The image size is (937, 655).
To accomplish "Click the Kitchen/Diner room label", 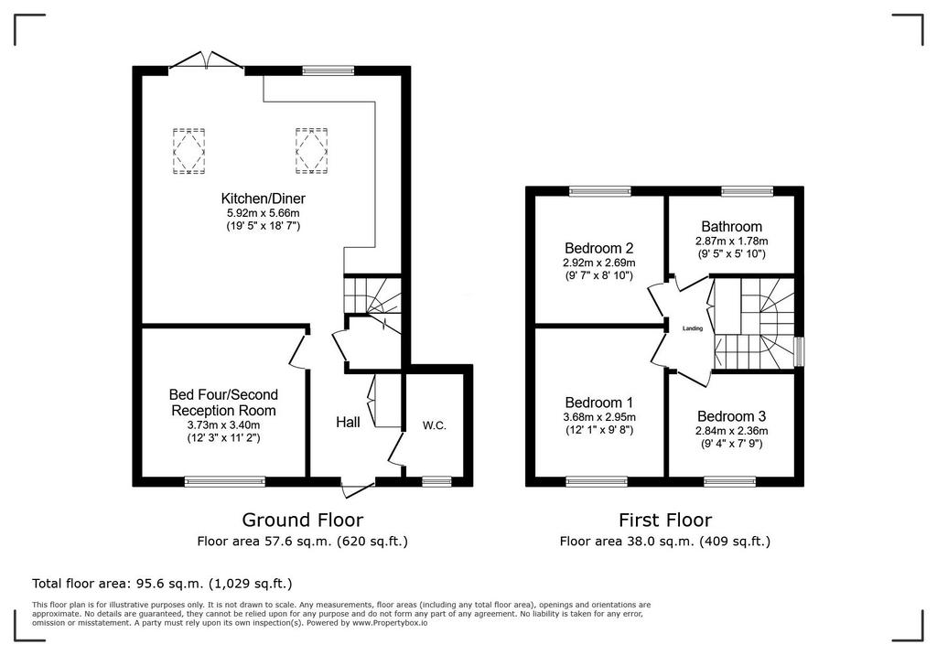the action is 263,199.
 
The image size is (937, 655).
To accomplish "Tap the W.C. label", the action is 435,426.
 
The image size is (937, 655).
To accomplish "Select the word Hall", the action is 348,423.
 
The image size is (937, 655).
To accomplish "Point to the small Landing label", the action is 693,328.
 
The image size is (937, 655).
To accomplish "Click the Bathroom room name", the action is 731,227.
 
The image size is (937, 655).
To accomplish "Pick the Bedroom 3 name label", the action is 731,416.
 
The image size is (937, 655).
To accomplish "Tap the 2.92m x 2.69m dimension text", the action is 598,263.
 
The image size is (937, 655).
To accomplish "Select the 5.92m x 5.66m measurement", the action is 263,213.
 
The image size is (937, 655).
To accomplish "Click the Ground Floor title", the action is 302,520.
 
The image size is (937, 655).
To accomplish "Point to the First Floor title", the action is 665,520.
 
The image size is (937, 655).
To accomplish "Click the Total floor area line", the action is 162,584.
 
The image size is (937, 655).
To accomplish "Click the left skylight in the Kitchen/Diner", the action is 189,151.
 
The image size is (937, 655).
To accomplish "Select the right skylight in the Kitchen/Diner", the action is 312,151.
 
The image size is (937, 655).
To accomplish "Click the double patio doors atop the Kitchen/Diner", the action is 207,62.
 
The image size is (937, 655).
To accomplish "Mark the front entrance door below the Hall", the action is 359,487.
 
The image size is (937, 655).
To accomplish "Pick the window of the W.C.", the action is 436,481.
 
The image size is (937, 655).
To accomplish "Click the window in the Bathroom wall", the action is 747,191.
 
